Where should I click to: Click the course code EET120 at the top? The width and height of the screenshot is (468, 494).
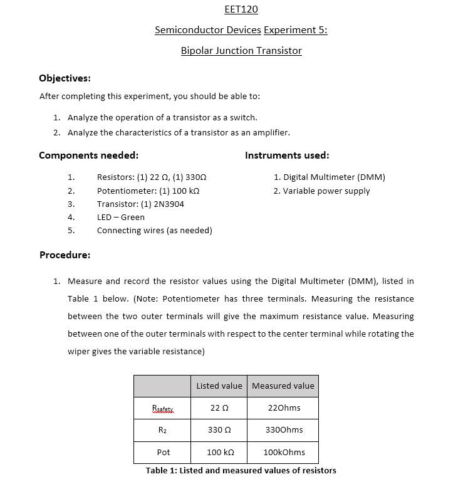tap(241, 9)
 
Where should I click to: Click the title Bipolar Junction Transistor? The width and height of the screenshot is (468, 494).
tap(241, 51)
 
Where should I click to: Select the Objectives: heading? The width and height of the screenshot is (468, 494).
tap(65, 78)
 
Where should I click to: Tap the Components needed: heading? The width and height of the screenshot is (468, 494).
tap(88, 155)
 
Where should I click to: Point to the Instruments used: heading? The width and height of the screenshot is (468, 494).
tap(287, 155)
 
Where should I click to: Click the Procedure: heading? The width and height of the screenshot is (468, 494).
tap(65, 255)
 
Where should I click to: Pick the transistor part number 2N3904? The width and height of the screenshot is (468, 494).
tap(169, 204)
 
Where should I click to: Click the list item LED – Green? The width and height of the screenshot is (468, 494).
tap(120, 218)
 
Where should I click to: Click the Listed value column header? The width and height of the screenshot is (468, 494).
tap(219, 386)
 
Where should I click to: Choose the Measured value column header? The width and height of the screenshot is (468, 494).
tap(283, 386)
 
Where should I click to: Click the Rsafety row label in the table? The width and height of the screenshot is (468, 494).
tap(163, 408)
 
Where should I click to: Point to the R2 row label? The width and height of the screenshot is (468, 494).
tap(163, 430)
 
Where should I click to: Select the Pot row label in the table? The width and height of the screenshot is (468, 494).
tap(163, 452)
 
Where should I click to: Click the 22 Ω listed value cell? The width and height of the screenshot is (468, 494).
tap(219, 408)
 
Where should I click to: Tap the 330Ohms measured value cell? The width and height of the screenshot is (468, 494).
tap(283, 430)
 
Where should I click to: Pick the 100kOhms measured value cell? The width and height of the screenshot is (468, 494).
tap(283, 452)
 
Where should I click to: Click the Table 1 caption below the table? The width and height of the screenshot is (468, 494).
tap(241, 471)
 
